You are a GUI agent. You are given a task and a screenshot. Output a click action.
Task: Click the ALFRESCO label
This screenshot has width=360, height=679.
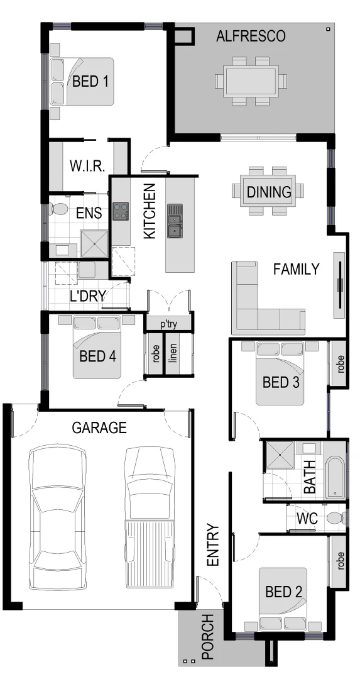251,36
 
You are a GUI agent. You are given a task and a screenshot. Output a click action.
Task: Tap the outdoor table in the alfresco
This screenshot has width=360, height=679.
251,80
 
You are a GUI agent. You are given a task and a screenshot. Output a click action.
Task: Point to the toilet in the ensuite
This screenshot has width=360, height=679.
60,209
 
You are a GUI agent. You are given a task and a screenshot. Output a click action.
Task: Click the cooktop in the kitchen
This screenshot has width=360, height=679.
120,210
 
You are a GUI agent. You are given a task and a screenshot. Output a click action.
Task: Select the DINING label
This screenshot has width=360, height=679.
268,192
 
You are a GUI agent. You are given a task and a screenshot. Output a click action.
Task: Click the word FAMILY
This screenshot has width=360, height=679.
296,270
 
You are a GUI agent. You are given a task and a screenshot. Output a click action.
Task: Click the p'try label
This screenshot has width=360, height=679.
168,324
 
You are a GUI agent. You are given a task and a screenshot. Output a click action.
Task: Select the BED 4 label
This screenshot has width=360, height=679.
97,356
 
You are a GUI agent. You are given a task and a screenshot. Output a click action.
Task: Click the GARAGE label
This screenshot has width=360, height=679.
99,428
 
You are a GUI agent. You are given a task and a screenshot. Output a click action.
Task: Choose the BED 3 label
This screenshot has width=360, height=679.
280,382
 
